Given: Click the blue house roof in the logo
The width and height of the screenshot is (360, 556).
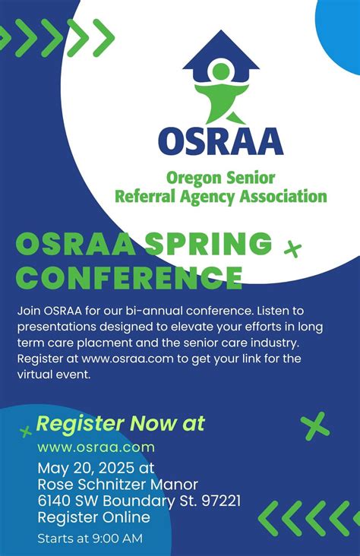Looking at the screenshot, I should [221, 47].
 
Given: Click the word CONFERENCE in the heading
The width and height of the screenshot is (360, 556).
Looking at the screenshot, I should [129, 277].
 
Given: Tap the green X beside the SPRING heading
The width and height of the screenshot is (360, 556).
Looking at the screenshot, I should [292, 248].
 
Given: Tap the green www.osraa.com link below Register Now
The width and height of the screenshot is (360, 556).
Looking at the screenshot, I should [96, 447].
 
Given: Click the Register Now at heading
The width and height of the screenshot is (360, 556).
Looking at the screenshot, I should [120, 423].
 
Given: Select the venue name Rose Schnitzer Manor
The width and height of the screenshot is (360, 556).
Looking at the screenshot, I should [118, 484].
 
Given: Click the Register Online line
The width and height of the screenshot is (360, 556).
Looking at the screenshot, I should [93, 517].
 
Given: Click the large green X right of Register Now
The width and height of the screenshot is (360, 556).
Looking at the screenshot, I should [314, 425].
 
